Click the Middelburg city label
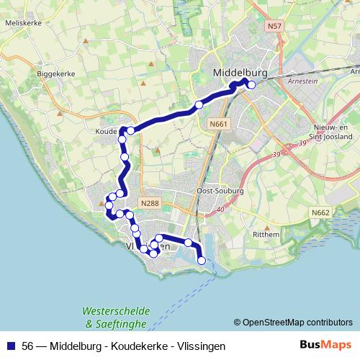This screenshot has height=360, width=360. point(241,73)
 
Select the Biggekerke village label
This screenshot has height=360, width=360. point(52,73)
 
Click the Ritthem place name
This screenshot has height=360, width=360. point(265,235)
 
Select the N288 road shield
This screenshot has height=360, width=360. point(150,204)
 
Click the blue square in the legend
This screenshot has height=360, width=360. point(12,346)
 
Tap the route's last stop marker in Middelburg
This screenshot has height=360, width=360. point(251,85)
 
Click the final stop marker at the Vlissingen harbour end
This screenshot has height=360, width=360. point(202,261)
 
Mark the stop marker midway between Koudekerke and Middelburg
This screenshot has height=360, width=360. point(199,105)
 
